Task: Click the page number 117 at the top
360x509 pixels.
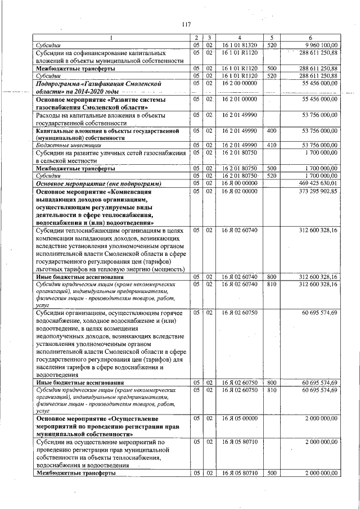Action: point(187,24)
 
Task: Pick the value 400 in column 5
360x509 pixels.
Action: point(271,130)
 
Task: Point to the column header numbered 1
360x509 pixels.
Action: point(110,38)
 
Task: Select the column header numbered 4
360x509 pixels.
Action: point(239,38)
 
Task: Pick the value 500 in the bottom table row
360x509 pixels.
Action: point(271,474)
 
